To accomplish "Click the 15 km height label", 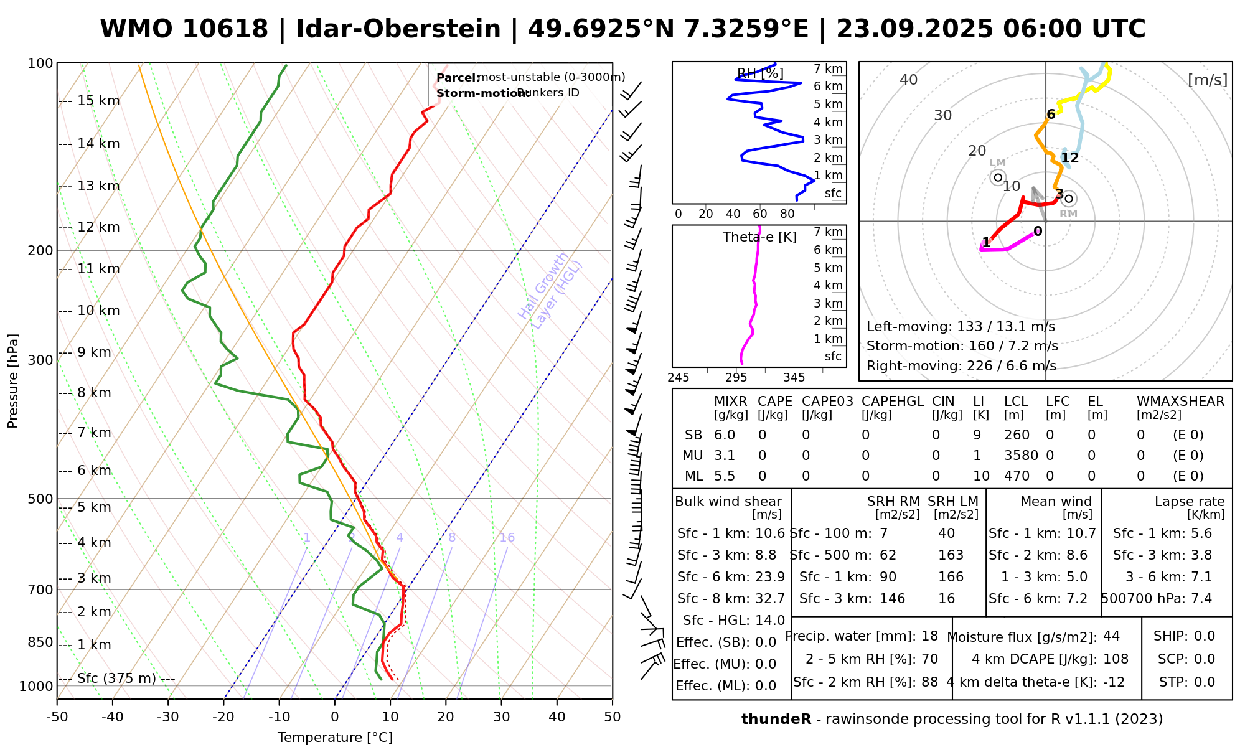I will click(x=98, y=101).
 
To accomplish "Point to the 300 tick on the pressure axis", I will click(x=41, y=360).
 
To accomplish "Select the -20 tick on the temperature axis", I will click(x=223, y=717).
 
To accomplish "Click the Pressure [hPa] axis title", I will click(x=13, y=381).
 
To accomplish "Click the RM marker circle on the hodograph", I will click(x=1069, y=199).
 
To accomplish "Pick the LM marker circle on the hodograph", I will click(x=998, y=177).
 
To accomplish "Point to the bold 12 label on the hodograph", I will click(x=1070, y=158).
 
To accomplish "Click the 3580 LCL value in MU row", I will click(x=1021, y=456).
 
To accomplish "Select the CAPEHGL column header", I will click(x=893, y=402).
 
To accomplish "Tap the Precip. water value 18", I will click(x=929, y=636).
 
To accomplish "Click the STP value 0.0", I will click(x=1205, y=682).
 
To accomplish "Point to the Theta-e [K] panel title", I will click(x=759, y=237).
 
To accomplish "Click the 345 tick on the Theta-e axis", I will click(x=794, y=378).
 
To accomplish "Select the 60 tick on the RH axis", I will click(x=760, y=214).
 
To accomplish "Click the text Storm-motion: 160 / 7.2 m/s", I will click(x=962, y=346).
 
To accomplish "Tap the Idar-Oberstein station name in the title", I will click(x=398, y=29).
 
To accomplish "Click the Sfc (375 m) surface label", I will click(x=116, y=679).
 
